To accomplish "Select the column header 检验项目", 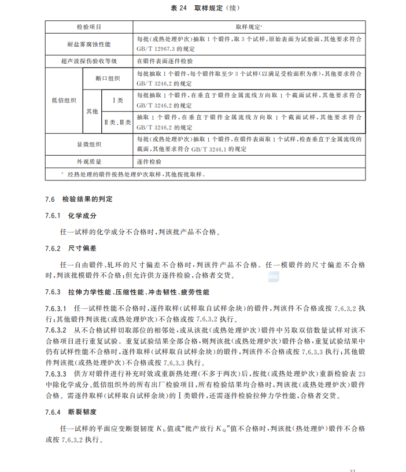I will [x=89, y=27].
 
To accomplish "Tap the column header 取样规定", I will [x=249, y=27].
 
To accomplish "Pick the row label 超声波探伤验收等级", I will [x=89, y=60].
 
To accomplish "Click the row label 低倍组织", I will [x=64, y=100].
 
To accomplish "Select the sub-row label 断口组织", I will [x=108, y=79].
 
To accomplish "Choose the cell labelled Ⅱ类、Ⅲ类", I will [x=117, y=121].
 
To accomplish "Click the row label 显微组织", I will [x=89, y=143].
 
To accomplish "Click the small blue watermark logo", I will [x=274, y=279].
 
